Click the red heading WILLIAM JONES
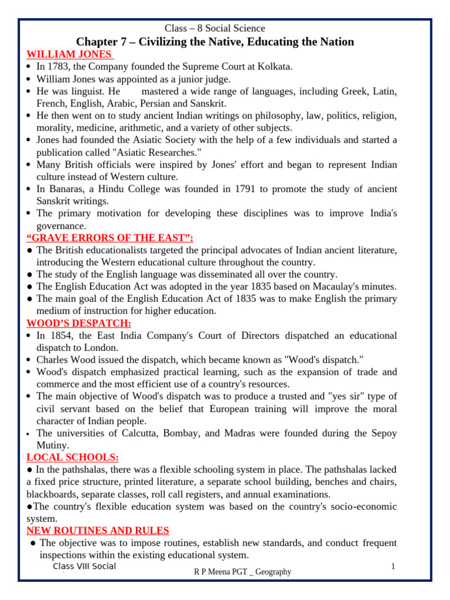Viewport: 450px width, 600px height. coord(70,54)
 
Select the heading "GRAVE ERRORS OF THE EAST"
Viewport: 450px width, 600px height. coord(110,237)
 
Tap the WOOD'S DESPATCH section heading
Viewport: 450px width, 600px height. coord(79,323)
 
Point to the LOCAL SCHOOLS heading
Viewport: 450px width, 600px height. coord(73,457)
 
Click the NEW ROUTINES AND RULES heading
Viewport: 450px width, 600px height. coord(98,530)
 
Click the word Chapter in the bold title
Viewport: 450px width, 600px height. coord(98,42)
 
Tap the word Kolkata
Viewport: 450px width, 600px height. coord(275,67)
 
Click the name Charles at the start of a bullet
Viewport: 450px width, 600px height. coord(53,360)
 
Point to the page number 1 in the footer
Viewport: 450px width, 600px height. coord(393,567)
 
